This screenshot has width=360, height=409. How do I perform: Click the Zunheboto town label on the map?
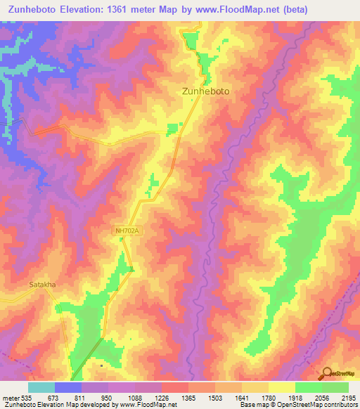tap(206, 91)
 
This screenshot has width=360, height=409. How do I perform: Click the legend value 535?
tap(27, 398)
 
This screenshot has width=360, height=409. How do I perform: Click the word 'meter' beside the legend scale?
tap(10, 398)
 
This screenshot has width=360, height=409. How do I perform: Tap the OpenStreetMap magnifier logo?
tap(326, 372)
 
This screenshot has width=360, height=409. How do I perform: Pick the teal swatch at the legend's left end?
tap(41, 387)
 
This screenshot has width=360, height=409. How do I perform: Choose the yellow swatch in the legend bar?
tap(281, 387)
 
